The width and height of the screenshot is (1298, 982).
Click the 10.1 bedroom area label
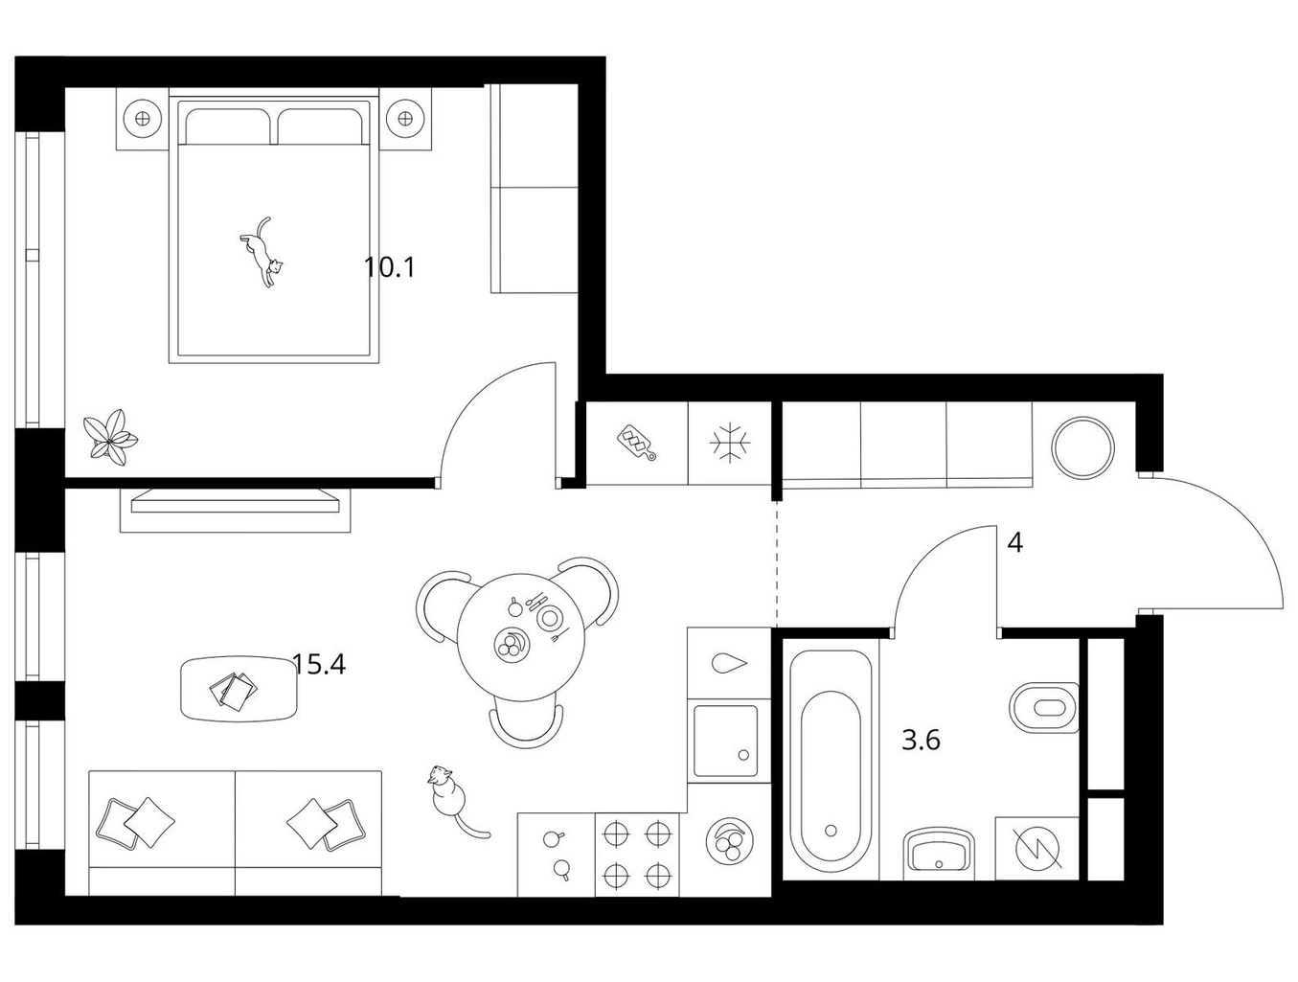click(x=390, y=267)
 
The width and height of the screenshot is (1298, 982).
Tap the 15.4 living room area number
click(x=319, y=665)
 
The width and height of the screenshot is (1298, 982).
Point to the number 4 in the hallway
click(x=1014, y=542)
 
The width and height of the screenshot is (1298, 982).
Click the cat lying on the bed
click(x=262, y=252)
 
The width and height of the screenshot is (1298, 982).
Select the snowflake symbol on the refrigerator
click(x=730, y=443)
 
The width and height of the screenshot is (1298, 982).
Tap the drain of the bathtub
click(x=831, y=831)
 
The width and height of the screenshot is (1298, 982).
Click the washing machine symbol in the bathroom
click(x=1038, y=849)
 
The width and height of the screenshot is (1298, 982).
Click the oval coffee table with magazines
click(x=238, y=688)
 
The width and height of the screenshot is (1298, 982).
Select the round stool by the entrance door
click(x=1083, y=447)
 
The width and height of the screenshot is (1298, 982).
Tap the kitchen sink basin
click(x=725, y=741)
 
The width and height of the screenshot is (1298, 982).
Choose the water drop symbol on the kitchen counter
click(x=730, y=663)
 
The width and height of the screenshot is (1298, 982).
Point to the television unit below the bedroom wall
click(x=236, y=510)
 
